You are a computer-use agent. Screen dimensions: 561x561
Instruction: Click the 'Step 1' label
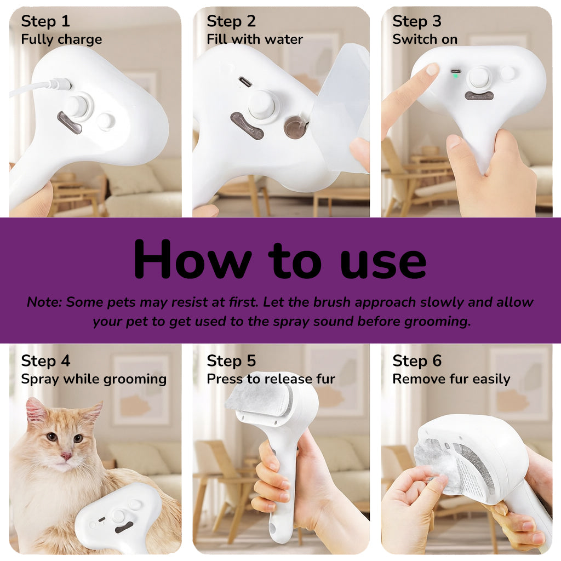(45, 21)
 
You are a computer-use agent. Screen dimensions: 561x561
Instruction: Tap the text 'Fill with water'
(255, 39)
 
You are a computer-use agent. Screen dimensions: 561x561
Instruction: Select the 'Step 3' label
(417, 21)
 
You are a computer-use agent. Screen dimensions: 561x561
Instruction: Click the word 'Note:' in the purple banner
(45, 302)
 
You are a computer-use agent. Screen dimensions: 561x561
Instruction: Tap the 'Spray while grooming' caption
(94, 379)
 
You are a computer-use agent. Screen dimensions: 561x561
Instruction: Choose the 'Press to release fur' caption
(271, 379)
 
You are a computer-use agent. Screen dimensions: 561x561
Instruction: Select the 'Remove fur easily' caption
(451, 379)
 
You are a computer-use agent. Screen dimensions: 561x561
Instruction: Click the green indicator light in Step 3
(455, 76)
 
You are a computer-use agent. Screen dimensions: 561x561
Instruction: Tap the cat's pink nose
(66, 455)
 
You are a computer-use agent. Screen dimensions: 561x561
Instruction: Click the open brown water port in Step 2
(295, 127)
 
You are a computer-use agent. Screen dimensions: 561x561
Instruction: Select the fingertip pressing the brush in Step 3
(432, 70)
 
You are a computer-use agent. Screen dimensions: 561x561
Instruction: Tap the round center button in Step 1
(77, 104)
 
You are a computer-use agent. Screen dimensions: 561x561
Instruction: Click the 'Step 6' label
(417, 361)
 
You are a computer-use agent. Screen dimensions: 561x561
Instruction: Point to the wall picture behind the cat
(141, 388)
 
